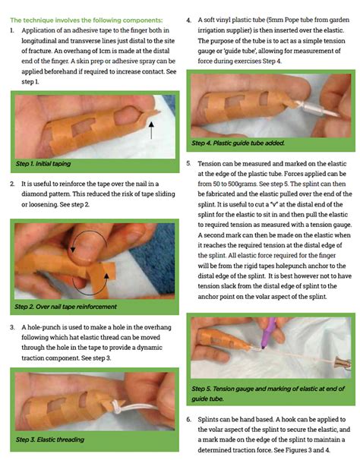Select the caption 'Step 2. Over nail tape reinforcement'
[x=66, y=307]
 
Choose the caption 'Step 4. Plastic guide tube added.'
[x=238, y=142]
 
